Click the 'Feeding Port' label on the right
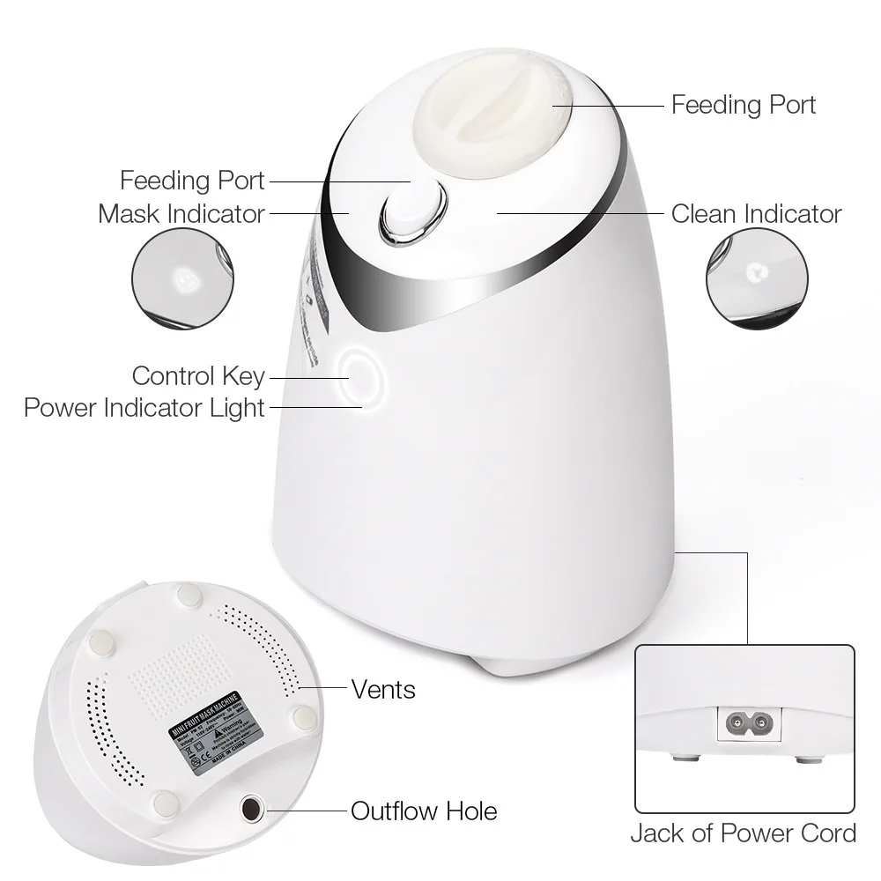click(x=743, y=105)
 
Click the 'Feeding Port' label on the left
click(x=192, y=181)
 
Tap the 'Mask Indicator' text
click(x=181, y=213)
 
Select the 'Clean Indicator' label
click(x=756, y=213)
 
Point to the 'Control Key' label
click(x=198, y=376)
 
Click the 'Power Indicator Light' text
click(x=144, y=408)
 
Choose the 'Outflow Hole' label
click(x=424, y=811)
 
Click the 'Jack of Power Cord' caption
click(x=743, y=833)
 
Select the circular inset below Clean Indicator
click(x=758, y=279)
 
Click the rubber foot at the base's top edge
click(x=188, y=596)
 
